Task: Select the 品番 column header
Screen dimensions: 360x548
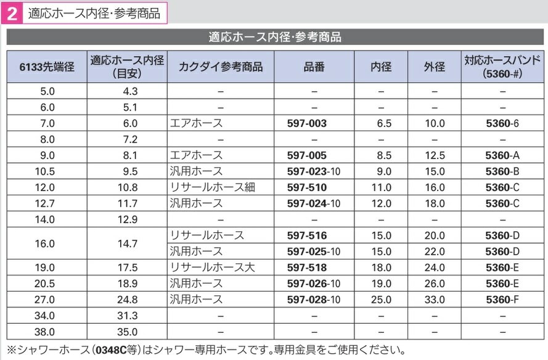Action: pos(314,67)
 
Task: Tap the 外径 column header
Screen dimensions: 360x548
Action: pos(434,67)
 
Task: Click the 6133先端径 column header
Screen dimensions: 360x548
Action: pos(47,67)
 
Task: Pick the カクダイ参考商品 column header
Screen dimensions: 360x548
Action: pos(220,67)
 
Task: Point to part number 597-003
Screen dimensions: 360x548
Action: pos(307,123)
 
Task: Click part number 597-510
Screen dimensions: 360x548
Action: pos(307,187)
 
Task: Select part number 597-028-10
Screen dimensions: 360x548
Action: pos(314,300)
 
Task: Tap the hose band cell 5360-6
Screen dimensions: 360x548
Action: pos(502,123)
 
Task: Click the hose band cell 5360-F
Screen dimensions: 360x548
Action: pos(502,300)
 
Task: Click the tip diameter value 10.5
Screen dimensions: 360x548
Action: pos(47,171)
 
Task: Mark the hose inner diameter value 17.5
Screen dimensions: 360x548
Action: pos(126,268)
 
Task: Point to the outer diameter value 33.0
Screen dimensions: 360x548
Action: pos(434,300)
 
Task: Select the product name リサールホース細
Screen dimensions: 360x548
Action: pos(212,187)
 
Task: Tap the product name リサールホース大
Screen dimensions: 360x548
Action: pos(212,268)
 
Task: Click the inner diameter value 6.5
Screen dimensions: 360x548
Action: pos(384,123)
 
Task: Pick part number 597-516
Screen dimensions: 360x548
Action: pos(307,235)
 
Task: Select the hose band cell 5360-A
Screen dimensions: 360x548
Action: pos(502,155)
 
